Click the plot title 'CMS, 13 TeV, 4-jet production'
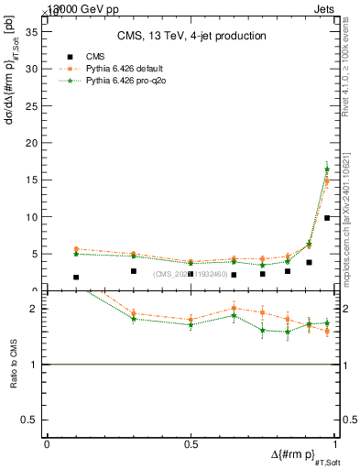coord(191,37)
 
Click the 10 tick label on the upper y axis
coord(36,217)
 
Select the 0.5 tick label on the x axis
coord(191,444)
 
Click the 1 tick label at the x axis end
coord(333,444)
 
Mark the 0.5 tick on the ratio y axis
coord(35,420)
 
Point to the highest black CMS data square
coord(327,218)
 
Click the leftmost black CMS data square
coord(76,277)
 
